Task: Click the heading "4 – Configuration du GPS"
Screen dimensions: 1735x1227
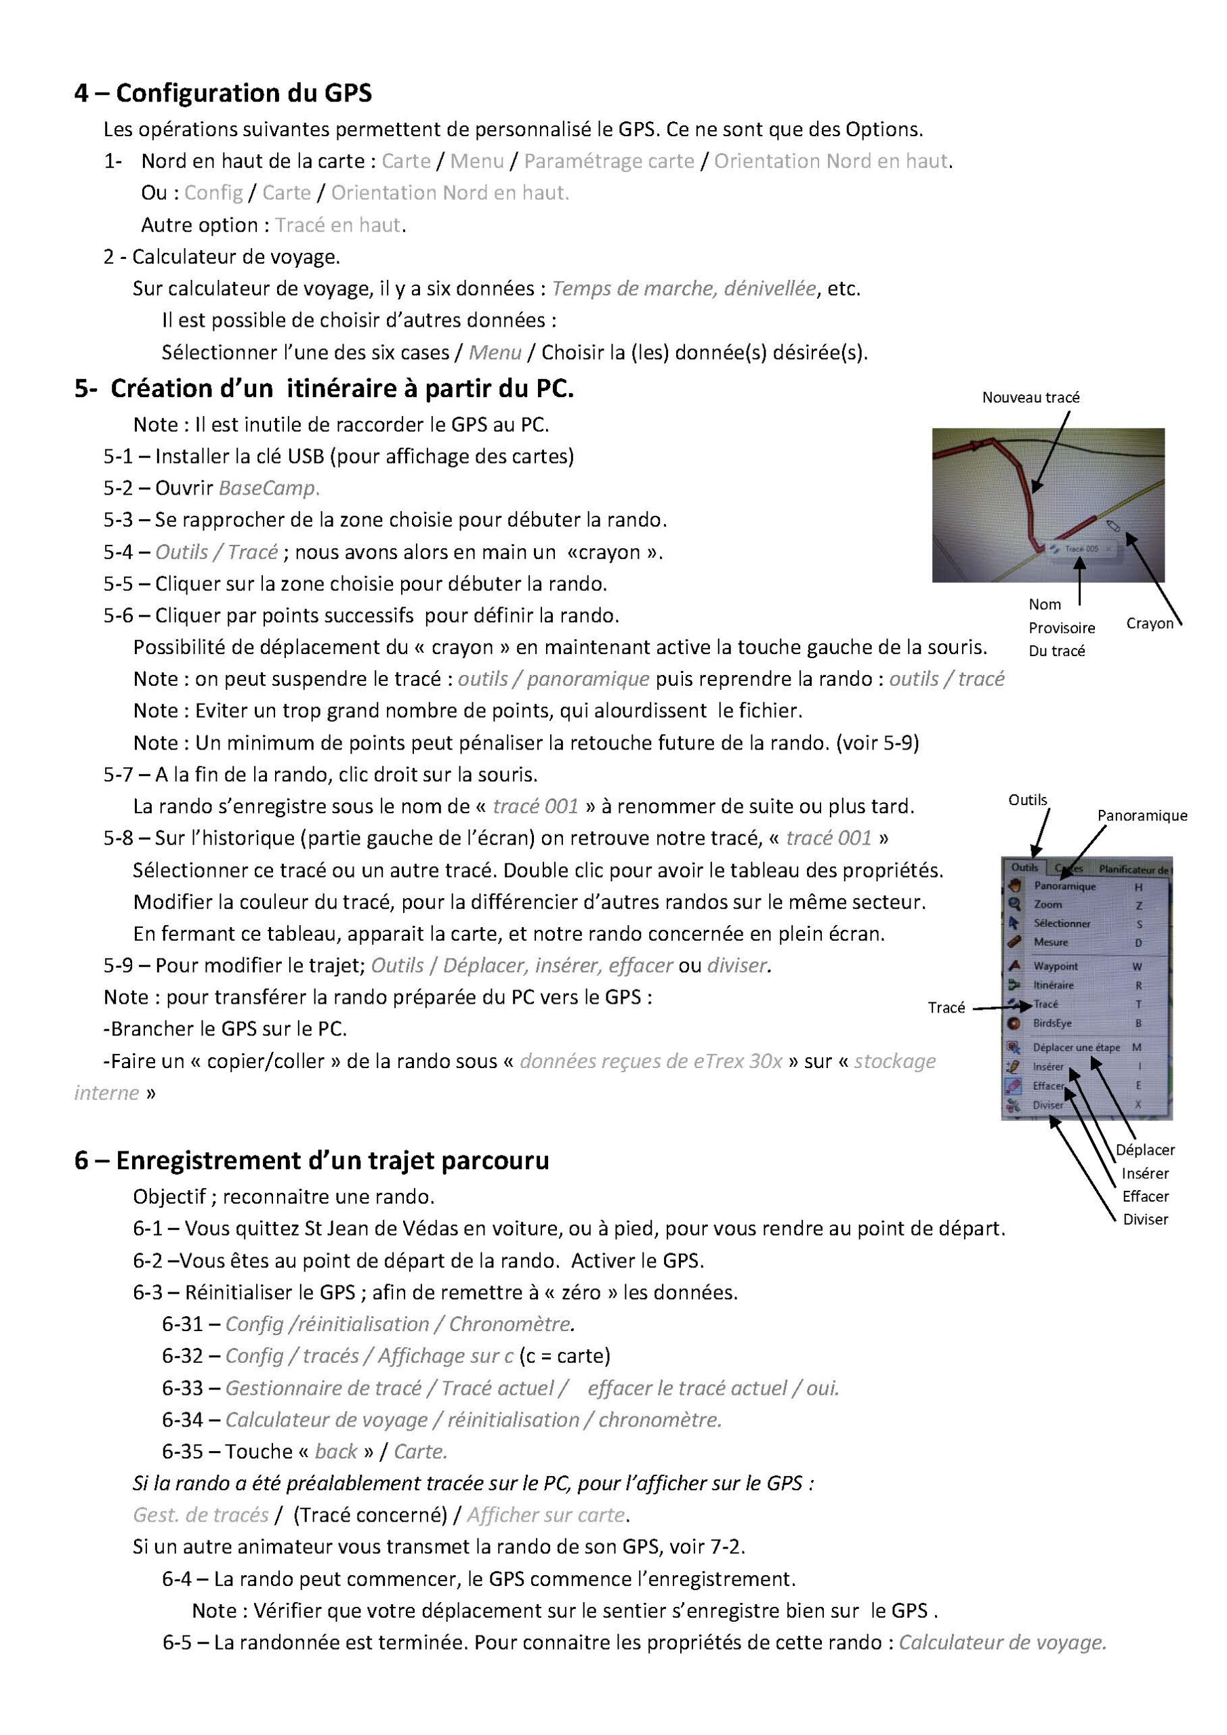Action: click(223, 93)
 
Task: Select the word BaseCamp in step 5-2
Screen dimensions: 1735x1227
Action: click(269, 488)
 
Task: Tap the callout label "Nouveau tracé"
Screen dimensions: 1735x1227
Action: click(1031, 397)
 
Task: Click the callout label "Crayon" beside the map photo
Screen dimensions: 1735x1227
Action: click(1149, 624)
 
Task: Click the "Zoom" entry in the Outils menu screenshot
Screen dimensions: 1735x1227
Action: click(1048, 905)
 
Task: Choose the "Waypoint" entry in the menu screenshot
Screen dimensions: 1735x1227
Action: click(1056, 966)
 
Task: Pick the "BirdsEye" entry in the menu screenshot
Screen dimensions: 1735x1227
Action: click(1052, 1023)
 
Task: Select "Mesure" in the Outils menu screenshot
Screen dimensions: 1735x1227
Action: click(1051, 942)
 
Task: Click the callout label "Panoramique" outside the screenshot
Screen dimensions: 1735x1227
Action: click(1142, 816)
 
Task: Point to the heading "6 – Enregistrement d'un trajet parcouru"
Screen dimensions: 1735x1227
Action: click(311, 1160)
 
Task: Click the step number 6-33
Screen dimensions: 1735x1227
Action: click(183, 1388)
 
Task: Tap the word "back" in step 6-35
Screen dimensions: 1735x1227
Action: click(336, 1452)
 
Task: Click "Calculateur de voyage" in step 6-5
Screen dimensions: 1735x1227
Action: click(1002, 1642)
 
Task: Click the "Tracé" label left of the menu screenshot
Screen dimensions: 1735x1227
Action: click(946, 1008)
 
